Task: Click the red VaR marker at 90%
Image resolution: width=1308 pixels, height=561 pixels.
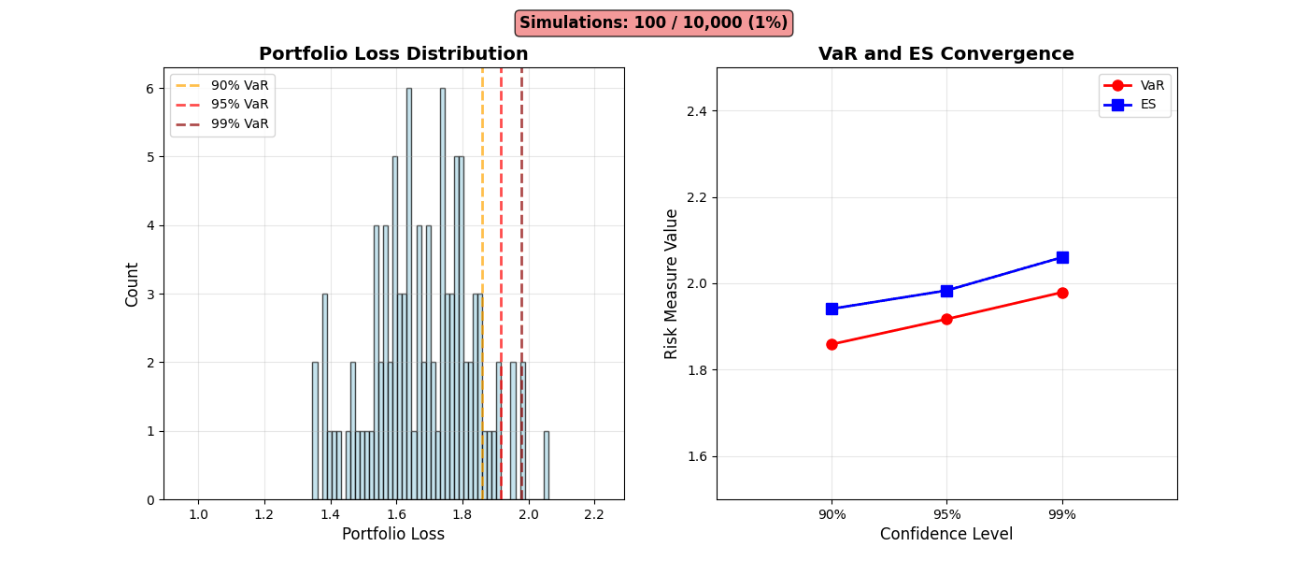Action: pos(832,344)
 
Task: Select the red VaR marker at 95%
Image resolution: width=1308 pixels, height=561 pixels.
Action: pos(946,319)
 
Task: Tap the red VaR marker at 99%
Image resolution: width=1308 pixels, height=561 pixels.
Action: pos(1062,293)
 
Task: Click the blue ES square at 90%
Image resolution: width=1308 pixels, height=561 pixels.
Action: pos(832,309)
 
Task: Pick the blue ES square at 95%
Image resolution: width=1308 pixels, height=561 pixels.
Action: pos(946,291)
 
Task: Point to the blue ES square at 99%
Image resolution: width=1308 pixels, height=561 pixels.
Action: pos(1062,257)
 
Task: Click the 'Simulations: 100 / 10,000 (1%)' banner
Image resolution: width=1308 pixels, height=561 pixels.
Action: pos(653,22)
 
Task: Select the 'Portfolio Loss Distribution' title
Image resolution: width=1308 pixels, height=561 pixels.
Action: pos(393,54)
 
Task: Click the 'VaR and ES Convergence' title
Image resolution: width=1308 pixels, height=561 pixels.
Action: pos(946,54)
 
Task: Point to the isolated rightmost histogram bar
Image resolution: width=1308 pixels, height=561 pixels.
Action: pos(546,465)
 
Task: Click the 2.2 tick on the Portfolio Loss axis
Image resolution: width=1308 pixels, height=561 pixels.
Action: pos(594,514)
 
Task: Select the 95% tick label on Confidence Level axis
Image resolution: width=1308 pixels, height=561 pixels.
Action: pos(946,514)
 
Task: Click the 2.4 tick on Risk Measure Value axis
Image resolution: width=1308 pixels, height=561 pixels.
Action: pos(695,111)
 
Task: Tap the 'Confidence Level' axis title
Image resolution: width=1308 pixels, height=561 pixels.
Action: pos(946,534)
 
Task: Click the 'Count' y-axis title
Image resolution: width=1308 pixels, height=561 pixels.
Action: pos(133,283)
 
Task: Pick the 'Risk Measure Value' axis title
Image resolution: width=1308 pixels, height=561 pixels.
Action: pos(672,283)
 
